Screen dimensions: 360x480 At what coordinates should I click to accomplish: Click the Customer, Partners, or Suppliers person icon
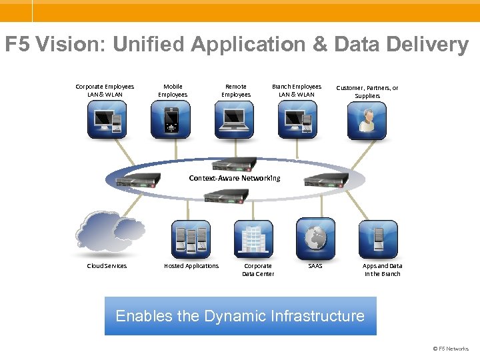[367, 120]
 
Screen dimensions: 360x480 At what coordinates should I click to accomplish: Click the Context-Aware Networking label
[235, 178]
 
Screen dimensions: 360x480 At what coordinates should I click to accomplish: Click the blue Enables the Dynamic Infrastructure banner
[240, 316]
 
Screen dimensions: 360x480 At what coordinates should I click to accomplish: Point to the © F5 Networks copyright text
[451, 349]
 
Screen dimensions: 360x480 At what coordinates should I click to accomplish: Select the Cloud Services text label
[107, 266]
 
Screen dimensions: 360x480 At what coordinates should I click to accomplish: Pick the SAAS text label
[315, 266]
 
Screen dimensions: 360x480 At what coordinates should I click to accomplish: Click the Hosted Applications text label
[191, 266]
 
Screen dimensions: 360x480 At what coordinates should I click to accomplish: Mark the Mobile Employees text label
[173, 91]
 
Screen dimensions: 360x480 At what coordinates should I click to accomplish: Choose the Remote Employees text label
[236, 91]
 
